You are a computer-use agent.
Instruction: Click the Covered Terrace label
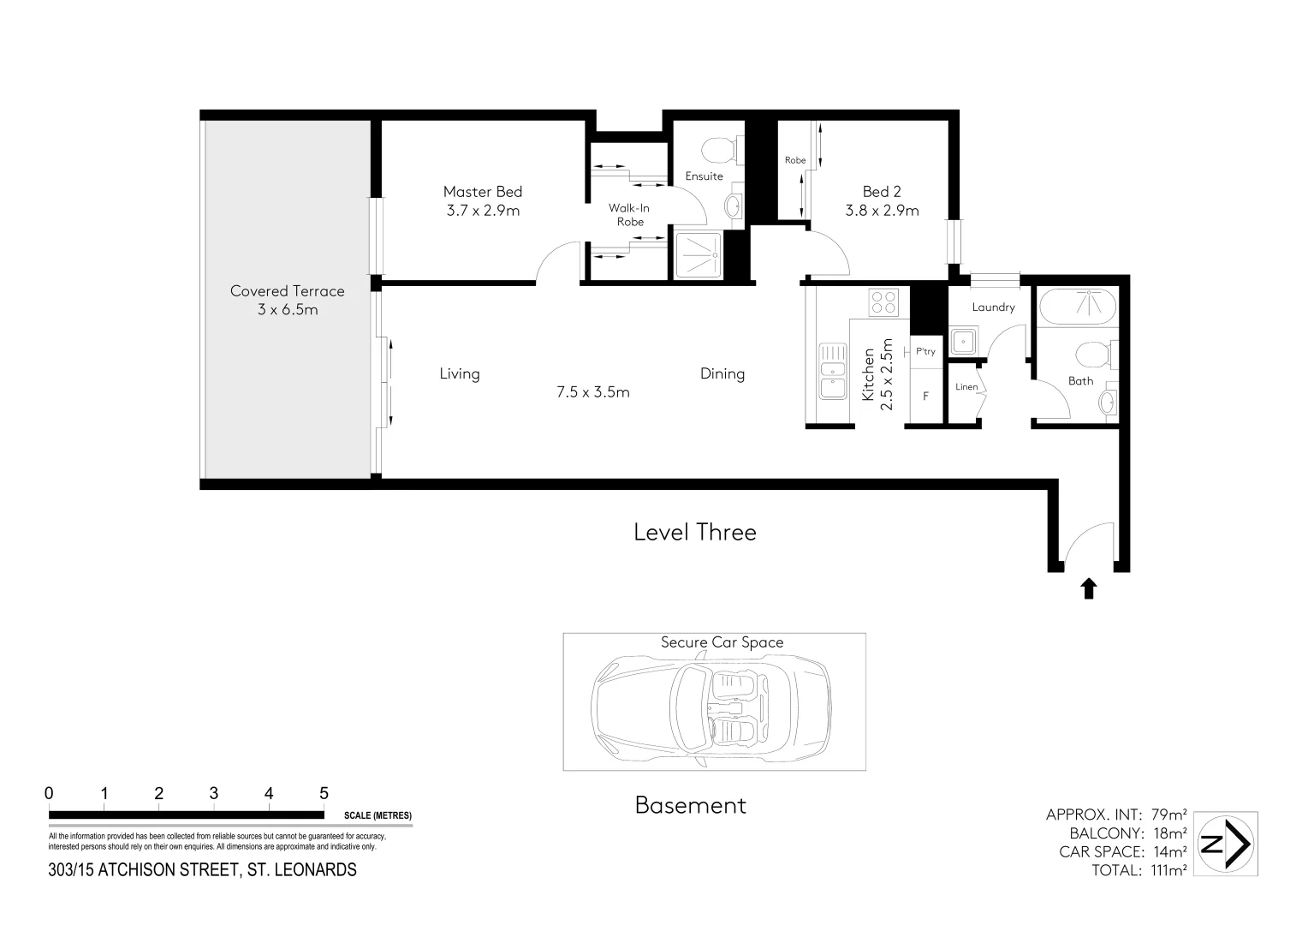(x=287, y=291)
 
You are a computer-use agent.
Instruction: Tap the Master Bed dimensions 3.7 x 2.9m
(x=483, y=211)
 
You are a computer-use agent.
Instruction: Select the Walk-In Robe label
(x=630, y=215)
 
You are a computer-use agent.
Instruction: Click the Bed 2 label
(x=881, y=192)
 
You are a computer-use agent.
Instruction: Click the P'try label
(x=925, y=351)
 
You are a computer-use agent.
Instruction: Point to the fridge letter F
(x=925, y=397)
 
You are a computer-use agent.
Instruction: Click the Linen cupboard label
(x=966, y=387)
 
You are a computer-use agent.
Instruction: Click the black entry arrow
(x=1088, y=588)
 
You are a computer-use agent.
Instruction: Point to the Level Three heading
(x=694, y=533)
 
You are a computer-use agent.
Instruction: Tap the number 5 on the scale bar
(x=324, y=794)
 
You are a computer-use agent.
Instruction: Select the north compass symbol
(x=1225, y=844)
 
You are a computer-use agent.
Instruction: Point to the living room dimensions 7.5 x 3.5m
(x=592, y=393)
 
